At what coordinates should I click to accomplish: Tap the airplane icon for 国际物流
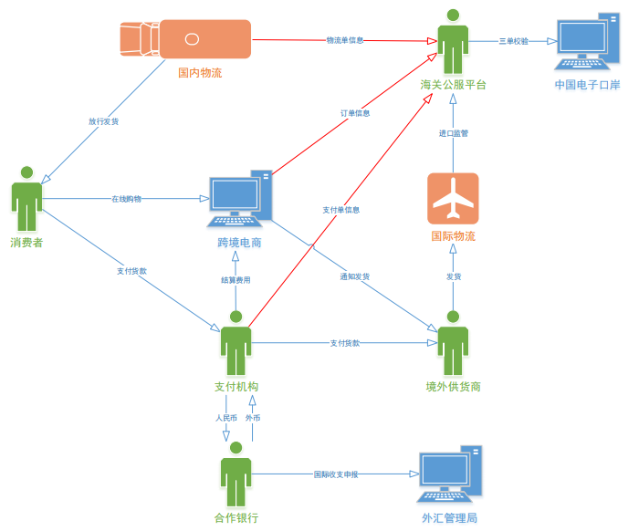click(453, 198)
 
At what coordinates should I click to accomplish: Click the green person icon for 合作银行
click(236, 474)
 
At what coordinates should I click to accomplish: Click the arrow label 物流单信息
click(345, 40)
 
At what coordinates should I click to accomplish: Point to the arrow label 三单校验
click(513, 41)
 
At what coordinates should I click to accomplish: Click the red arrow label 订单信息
click(355, 113)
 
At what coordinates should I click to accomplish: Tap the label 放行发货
click(103, 120)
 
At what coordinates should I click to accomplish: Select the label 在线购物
click(126, 198)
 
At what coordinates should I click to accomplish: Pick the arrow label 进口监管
click(453, 133)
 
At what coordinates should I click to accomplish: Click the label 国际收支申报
click(336, 474)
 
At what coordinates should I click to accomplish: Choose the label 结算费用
click(236, 280)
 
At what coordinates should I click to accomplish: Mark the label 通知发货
click(354, 276)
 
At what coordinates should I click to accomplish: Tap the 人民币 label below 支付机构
click(225, 418)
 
